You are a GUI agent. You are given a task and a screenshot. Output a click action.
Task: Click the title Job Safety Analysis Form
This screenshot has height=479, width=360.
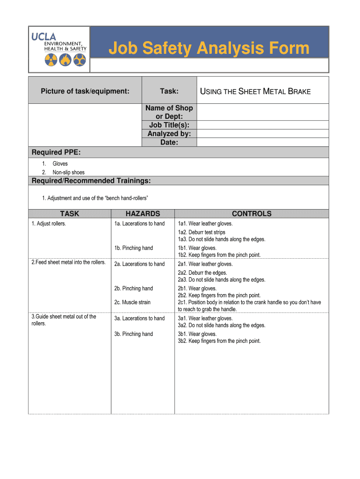coord(209,48)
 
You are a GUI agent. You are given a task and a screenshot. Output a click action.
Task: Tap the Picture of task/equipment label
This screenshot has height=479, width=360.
coord(85,91)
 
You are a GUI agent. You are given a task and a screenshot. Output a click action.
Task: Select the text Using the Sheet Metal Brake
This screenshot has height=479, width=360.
coord(255,91)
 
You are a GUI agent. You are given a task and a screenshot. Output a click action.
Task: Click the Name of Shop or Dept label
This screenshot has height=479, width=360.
coord(169,112)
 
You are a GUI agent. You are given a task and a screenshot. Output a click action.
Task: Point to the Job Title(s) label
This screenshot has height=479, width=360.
coord(169,125)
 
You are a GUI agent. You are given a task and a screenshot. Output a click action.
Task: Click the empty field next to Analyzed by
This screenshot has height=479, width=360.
coord(263,134)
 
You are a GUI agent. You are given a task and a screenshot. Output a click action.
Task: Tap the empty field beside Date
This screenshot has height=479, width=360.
coord(263,142)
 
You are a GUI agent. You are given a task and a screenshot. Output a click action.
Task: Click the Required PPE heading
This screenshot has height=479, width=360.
coord(53,152)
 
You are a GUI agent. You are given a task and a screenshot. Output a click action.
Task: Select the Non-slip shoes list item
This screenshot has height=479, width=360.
coord(68,172)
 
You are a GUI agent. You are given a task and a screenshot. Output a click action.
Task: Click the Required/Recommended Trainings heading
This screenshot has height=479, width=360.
coord(91,181)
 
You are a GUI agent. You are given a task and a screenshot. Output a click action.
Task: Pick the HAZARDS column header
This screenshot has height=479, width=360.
coord(143,214)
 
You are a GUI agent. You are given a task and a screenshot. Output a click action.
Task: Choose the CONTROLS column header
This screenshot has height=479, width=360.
coord(252,214)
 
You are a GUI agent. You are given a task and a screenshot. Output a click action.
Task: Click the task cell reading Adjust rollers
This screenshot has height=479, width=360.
coord(49,224)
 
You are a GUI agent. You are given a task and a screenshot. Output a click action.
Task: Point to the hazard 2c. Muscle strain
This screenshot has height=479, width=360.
coord(132,302)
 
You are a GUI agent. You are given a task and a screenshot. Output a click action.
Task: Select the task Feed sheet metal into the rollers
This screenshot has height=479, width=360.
coord(68,262)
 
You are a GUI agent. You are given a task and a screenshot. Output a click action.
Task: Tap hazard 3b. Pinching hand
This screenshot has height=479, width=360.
coord(134,334)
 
